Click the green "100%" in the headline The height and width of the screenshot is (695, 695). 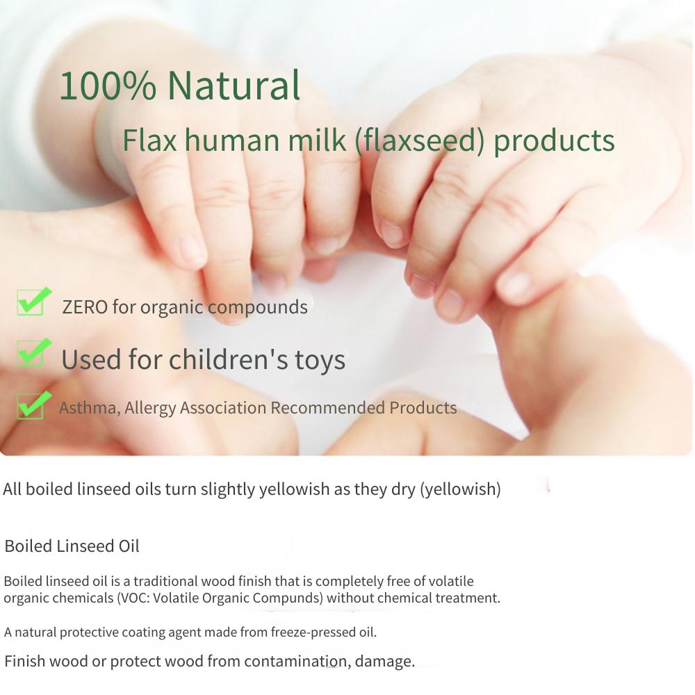tap(108, 85)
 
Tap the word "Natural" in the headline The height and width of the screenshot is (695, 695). tap(234, 85)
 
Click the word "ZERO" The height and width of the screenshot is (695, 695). tap(85, 307)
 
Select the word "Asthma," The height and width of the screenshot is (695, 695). tap(90, 408)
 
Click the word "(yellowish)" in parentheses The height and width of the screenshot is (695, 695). tap(460, 489)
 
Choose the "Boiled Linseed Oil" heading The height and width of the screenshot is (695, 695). tap(72, 546)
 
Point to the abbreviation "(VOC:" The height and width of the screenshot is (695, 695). tap(133, 598)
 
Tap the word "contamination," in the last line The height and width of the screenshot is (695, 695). tap(297, 662)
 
